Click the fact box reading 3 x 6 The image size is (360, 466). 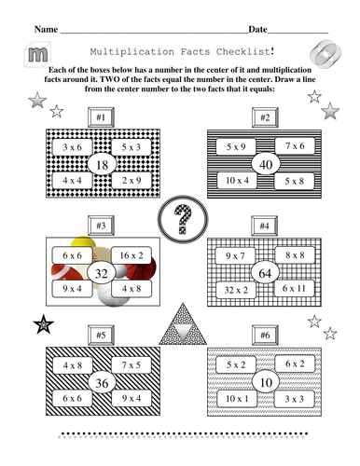tap(71, 147)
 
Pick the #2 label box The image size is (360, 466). tap(265, 117)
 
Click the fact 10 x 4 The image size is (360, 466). tap(233, 179)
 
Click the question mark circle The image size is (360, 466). tap(181, 220)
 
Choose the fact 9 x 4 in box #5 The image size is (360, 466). tap(131, 399)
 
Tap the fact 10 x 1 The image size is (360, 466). tap(234, 399)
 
